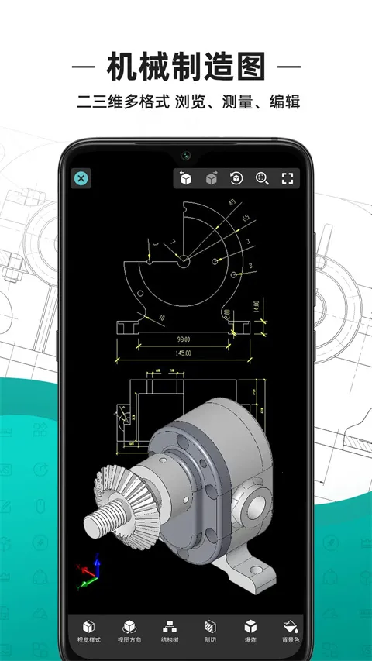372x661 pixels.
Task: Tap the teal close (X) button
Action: point(81,178)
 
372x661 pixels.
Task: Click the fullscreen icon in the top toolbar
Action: point(288,178)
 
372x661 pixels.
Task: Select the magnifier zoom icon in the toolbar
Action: point(262,178)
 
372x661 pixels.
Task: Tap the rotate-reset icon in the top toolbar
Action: point(236,178)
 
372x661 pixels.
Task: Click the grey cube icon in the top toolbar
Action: point(211,178)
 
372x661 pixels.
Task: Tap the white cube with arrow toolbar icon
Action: point(185,178)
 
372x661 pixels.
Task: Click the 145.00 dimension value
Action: point(184,353)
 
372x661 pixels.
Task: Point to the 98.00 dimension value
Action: point(184,339)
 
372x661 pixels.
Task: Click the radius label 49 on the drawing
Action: point(231,203)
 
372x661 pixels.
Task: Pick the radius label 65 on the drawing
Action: point(245,219)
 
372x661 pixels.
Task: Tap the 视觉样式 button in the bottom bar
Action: point(88,632)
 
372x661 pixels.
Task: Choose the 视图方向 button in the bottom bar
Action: point(129,632)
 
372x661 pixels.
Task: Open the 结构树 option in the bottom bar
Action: point(169,632)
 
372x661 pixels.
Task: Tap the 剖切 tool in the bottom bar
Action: point(209,632)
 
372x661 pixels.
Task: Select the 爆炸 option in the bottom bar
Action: point(250,632)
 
